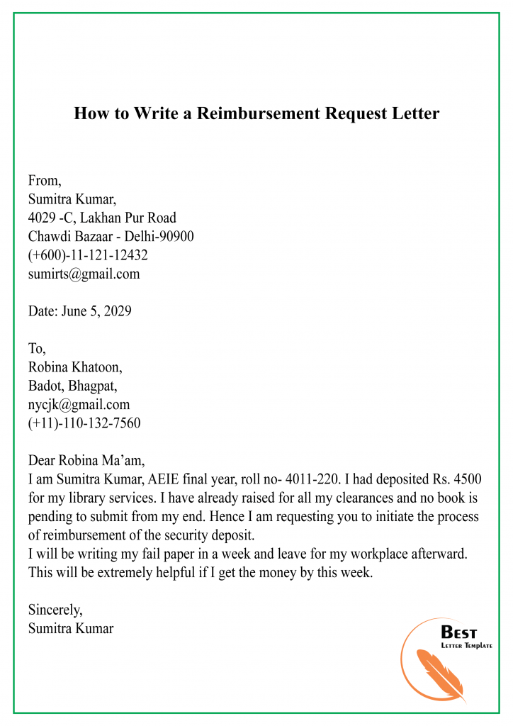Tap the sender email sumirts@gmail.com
pos(84,274)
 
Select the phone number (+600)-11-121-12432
pos(88,255)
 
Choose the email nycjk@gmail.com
pos(79,405)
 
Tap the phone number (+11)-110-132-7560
pos(84,423)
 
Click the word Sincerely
pos(55,609)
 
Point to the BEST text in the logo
pos(458,632)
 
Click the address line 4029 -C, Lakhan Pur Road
pos(102,218)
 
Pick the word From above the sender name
pos(45,181)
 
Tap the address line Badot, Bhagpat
pos(72,386)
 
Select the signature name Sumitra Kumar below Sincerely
pos(71,627)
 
